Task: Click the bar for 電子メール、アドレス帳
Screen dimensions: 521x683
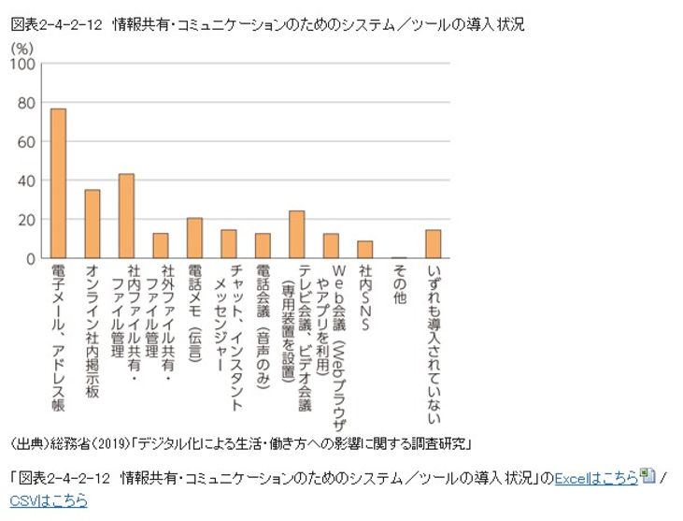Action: click(x=58, y=183)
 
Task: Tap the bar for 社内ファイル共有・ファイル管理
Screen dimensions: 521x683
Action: click(x=126, y=216)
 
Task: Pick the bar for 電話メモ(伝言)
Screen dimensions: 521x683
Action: click(x=194, y=238)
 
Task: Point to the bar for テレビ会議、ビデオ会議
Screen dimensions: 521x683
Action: click(x=296, y=235)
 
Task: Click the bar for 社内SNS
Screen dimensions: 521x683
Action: click(x=364, y=250)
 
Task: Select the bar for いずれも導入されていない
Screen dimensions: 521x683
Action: click(x=433, y=244)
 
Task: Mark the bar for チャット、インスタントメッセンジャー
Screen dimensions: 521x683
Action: click(x=228, y=244)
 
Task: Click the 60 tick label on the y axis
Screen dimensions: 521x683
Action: click(x=27, y=142)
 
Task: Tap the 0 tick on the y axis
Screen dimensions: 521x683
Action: click(x=31, y=258)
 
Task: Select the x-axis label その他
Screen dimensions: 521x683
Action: click(x=399, y=281)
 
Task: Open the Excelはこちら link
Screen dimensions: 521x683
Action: click(x=596, y=478)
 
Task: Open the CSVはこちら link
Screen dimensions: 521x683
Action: click(x=49, y=500)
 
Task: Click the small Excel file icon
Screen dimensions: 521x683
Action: click(x=648, y=477)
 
